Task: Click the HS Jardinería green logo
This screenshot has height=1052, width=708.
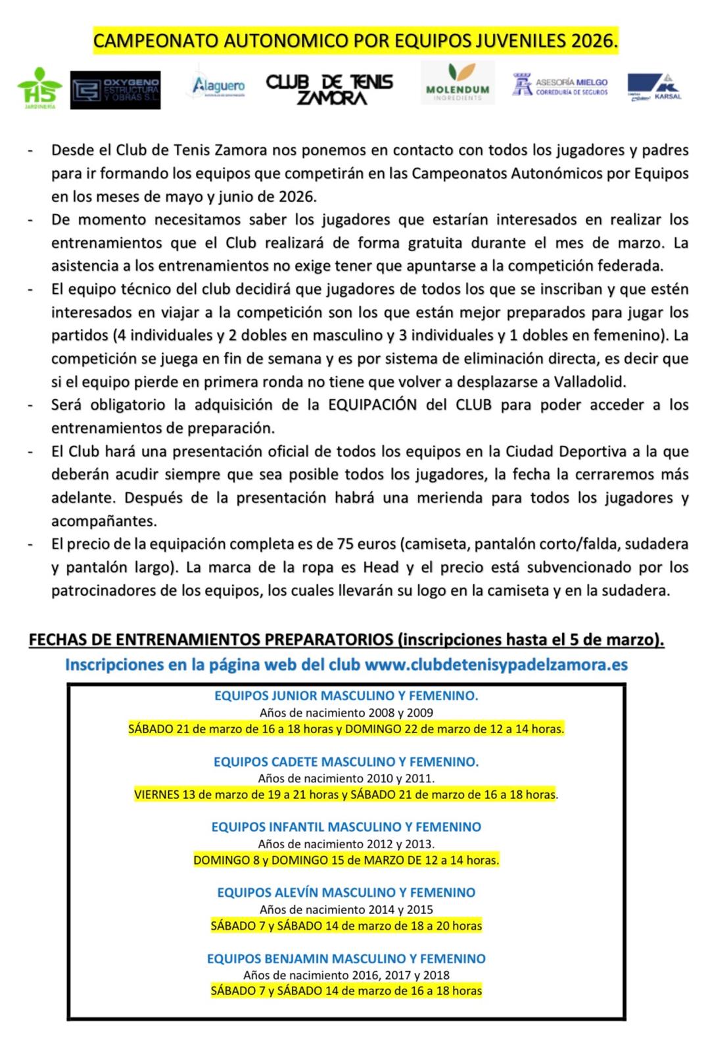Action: [x=39, y=87]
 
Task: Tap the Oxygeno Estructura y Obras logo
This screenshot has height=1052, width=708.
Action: [x=115, y=89]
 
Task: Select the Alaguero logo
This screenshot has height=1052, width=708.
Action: [x=219, y=86]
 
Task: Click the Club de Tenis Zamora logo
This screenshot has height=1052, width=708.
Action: [x=329, y=89]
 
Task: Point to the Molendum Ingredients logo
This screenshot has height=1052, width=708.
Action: [x=458, y=83]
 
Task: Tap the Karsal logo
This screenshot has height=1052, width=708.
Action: [x=653, y=87]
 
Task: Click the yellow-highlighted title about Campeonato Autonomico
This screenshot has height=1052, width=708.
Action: [x=356, y=41]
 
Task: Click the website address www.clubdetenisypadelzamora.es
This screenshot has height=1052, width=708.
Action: [x=496, y=664]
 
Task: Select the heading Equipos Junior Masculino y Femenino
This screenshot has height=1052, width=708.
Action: [x=346, y=696]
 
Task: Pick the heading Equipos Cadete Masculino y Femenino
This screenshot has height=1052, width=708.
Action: [x=346, y=761]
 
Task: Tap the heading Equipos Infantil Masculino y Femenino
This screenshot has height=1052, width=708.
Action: [x=346, y=826]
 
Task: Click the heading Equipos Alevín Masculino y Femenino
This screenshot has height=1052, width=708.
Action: [x=346, y=892]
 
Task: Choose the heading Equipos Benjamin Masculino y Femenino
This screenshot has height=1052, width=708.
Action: [x=346, y=958]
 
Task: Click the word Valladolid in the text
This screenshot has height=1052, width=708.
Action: [x=590, y=381]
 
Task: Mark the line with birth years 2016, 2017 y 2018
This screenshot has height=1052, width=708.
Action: [x=346, y=975]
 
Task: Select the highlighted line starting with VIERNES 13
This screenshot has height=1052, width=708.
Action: [x=346, y=794]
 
